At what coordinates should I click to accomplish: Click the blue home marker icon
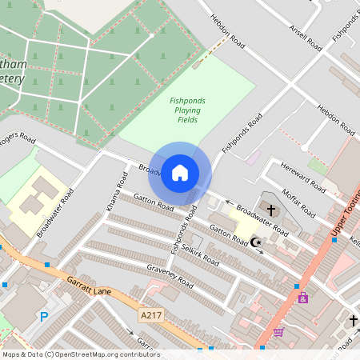click(x=180, y=173)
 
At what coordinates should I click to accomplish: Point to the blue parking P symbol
click(x=44, y=317)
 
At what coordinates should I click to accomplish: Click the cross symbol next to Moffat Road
click(x=270, y=210)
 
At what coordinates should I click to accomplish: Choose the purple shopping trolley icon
click(x=278, y=332)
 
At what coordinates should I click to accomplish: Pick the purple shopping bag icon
click(x=302, y=298)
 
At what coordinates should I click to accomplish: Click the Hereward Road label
click(x=302, y=178)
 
